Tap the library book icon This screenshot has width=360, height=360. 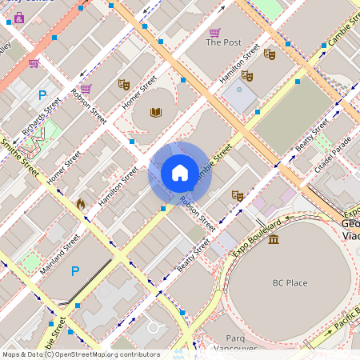pos(157,113)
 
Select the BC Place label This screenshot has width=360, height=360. pos(290,282)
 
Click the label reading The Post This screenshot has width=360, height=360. pos(223,42)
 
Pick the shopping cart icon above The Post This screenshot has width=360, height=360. pos(214,32)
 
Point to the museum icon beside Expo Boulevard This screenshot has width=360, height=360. pos(274,239)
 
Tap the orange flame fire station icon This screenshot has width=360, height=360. pos(80,204)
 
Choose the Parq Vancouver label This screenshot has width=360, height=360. pos(235,342)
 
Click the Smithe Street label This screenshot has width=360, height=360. pos(20,157)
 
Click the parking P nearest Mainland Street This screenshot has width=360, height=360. pos(75,271)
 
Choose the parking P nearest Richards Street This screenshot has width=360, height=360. pos(42,94)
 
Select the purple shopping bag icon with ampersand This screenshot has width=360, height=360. pos(18,17)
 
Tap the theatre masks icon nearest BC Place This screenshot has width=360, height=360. pos(237,195)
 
